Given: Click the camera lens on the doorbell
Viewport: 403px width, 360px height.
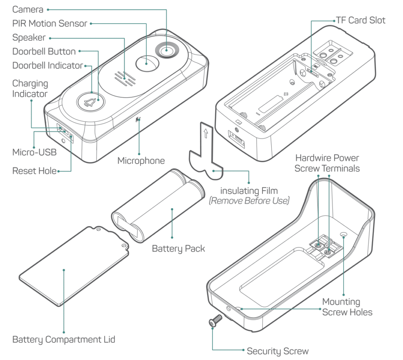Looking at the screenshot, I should [166, 50].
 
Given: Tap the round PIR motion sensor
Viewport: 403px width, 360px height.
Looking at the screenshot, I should [146, 62].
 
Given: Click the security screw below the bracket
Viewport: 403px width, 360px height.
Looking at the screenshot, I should [214, 322].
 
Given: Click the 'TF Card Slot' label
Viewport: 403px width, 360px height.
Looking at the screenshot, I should [360, 20].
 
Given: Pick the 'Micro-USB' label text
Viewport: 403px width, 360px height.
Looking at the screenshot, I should [34, 152].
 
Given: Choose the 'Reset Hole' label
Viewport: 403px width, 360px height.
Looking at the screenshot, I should [34, 171].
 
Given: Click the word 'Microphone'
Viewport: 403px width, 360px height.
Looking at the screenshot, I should [141, 161].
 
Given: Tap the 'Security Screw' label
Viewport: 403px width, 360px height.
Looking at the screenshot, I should [277, 351].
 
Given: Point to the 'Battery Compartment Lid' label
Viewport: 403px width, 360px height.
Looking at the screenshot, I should [64, 339].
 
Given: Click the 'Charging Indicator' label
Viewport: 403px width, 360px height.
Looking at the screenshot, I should [30, 89].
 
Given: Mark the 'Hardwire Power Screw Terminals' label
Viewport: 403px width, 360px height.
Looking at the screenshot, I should [327, 163].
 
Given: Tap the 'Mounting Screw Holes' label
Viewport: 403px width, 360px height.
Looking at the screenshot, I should [347, 307].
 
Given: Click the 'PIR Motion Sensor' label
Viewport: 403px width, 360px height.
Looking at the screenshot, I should [50, 23].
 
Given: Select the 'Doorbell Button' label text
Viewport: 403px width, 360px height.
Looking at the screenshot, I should [44, 51].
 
